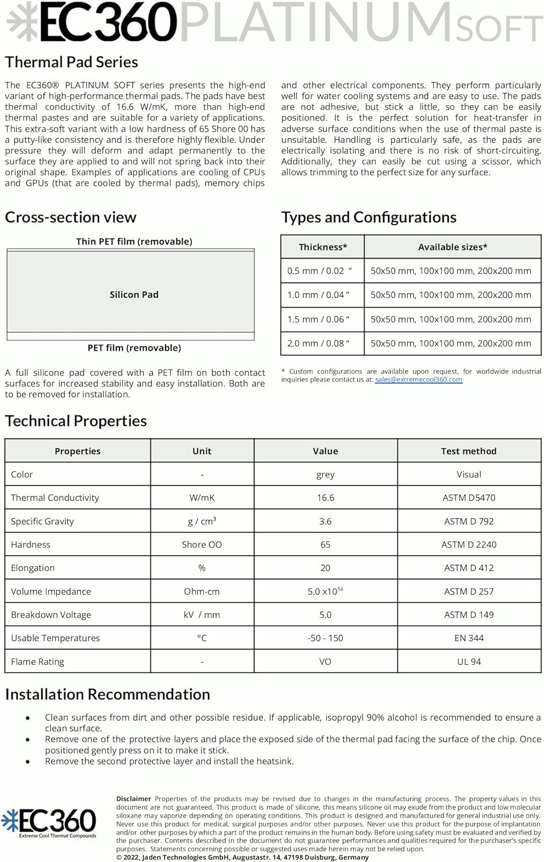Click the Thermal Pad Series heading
pos(71,62)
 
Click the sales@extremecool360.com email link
pos(418,380)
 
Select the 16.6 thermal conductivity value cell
pos(325,498)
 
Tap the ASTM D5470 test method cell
pos(469,498)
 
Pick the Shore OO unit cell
pos(202,545)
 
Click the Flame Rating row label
pos(37,661)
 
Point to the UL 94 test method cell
pos(469,661)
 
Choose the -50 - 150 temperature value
pos(325,638)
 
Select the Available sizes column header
pos(453,247)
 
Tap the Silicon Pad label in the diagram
pos(134,295)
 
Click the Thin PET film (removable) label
pos(134,241)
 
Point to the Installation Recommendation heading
pos(107,694)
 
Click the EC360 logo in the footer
pos(49,822)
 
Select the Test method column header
pos(469,451)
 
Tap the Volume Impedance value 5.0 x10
pos(325,591)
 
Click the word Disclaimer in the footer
pos(134,799)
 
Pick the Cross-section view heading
pos(71,217)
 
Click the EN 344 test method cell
pos(469,638)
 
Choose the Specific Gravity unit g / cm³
pos(202,521)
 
